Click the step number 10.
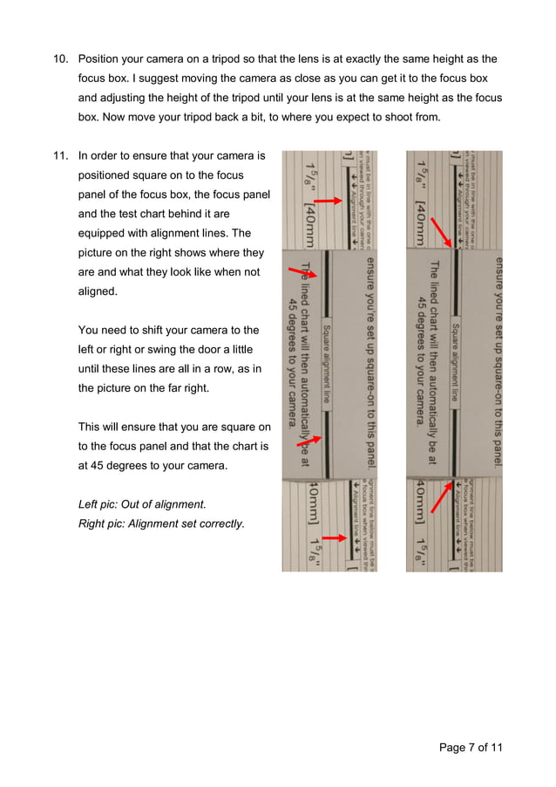[60, 59]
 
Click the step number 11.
[60, 156]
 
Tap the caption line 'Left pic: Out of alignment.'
[142, 504]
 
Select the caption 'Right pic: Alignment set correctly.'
[161, 524]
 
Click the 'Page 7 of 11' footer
[471, 747]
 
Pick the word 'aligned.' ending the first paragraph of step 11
[98, 291]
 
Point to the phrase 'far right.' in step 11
[181, 387]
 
